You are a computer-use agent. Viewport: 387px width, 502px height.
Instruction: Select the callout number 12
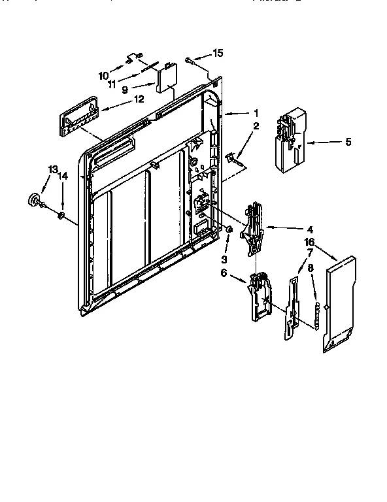138,99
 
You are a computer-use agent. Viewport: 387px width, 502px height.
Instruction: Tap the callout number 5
348,141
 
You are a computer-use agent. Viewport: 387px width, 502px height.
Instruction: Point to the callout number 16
309,243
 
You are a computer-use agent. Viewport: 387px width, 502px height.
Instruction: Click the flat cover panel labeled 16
341,305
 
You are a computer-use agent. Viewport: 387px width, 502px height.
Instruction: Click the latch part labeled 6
261,297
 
